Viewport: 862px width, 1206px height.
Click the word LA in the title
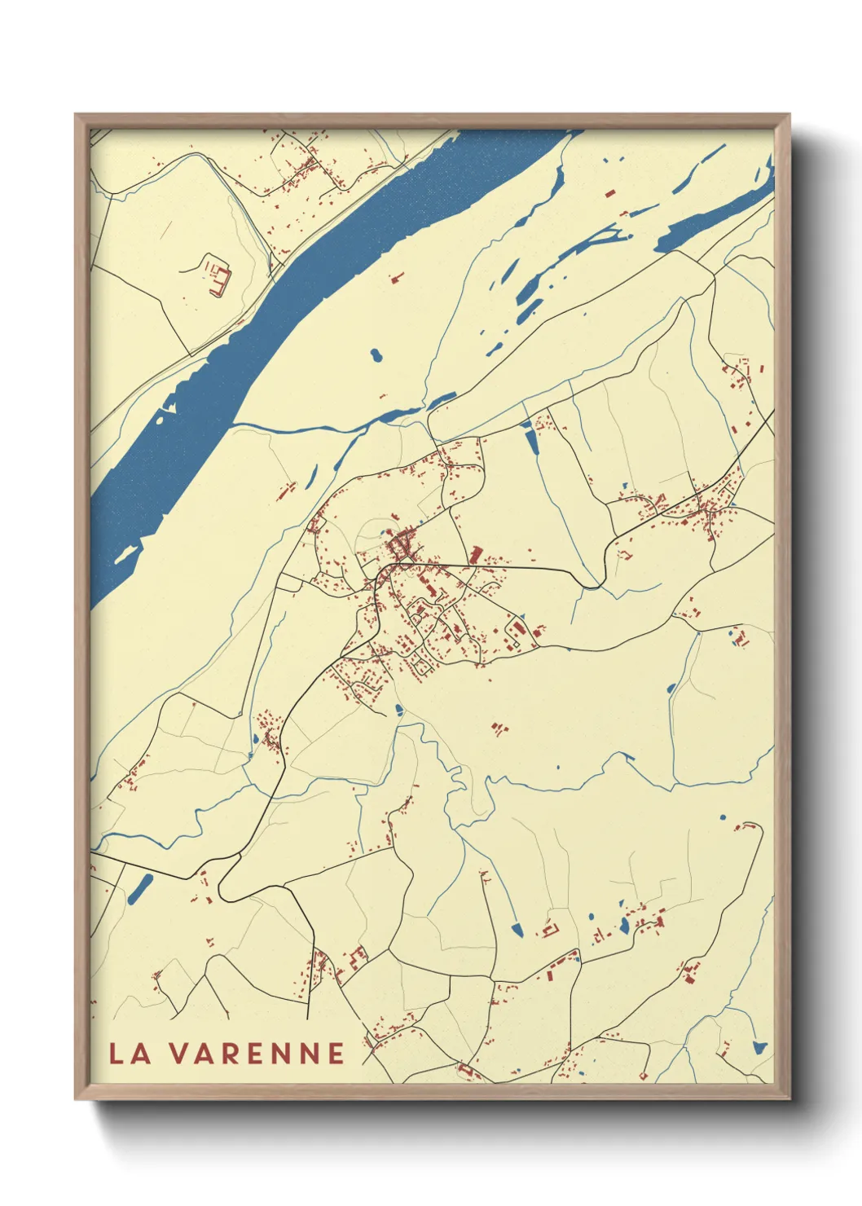[x=130, y=1053]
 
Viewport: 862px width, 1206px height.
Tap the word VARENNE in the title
[x=257, y=1053]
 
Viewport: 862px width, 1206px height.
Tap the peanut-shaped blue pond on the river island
[x=376, y=356]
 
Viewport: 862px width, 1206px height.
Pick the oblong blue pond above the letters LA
[x=139, y=888]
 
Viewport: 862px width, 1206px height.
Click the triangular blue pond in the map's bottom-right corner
[x=759, y=1047]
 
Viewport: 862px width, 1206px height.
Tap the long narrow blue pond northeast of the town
[x=532, y=441]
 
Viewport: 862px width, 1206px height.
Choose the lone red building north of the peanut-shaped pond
[x=396, y=279]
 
